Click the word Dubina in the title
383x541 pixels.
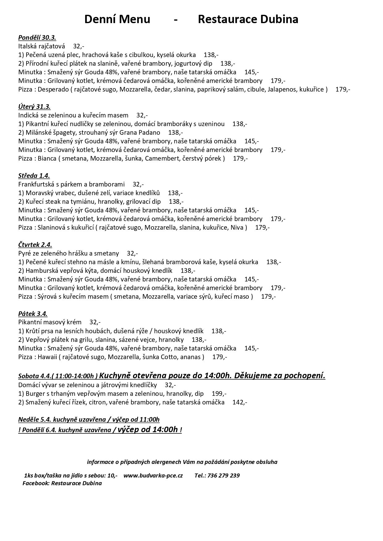[x=279, y=19]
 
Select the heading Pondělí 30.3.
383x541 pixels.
[x=37, y=38]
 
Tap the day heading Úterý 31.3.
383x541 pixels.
[x=34, y=107]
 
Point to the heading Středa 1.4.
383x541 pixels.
[x=34, y=176]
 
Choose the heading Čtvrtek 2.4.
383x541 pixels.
[x=35, y=245]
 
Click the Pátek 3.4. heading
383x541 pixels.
[x=33, y=314]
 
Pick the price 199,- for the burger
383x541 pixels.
[x=219, y=394]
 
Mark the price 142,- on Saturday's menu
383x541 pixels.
[x=240, y=402]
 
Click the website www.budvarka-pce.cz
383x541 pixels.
[x=153, y=475]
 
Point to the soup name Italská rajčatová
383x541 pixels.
[x=42, y=46]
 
